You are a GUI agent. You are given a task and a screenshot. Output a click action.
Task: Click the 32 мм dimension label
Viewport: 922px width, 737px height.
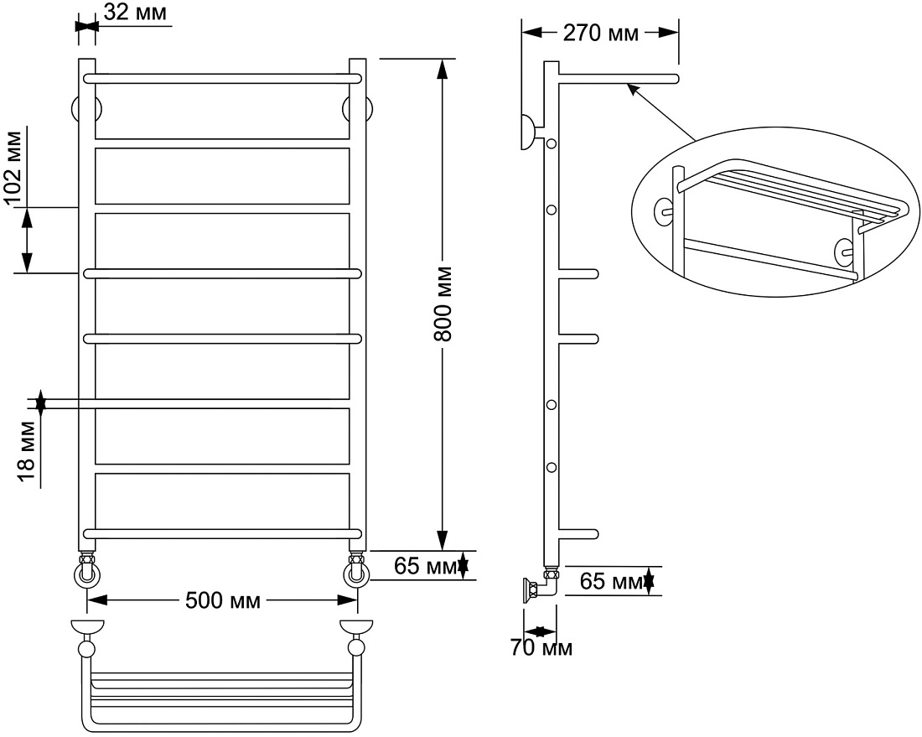[x=135, y=12]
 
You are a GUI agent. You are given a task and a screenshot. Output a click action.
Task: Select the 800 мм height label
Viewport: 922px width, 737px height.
[x=443, y=304]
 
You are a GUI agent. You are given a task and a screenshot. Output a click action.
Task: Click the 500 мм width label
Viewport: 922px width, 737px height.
[x=223, y=601]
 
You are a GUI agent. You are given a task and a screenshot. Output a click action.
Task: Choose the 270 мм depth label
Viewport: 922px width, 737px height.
[x=600, y=33]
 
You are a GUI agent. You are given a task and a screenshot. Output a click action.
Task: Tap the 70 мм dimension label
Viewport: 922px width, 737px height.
[x=541, y=647]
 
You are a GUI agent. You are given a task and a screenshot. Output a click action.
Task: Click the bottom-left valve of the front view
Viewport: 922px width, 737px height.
[x=87, y=570]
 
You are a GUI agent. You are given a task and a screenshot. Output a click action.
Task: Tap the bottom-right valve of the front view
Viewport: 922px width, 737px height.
[x=357, y=570]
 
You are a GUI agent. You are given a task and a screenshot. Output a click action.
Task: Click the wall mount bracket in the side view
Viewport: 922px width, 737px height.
[x=528, y=132]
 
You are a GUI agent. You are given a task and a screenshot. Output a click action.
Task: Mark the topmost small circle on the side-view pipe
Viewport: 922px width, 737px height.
[x=552, y=143]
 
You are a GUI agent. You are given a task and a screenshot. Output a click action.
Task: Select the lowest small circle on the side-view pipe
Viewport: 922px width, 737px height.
[x=552, y=468]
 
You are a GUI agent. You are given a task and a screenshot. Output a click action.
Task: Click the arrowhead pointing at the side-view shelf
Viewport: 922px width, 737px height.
[x=632, y=89]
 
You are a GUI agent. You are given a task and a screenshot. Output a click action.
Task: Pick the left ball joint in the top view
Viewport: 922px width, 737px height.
[x=87, y=648]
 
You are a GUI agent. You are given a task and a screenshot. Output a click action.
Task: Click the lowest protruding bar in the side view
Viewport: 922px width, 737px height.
[x=578, y=534]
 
